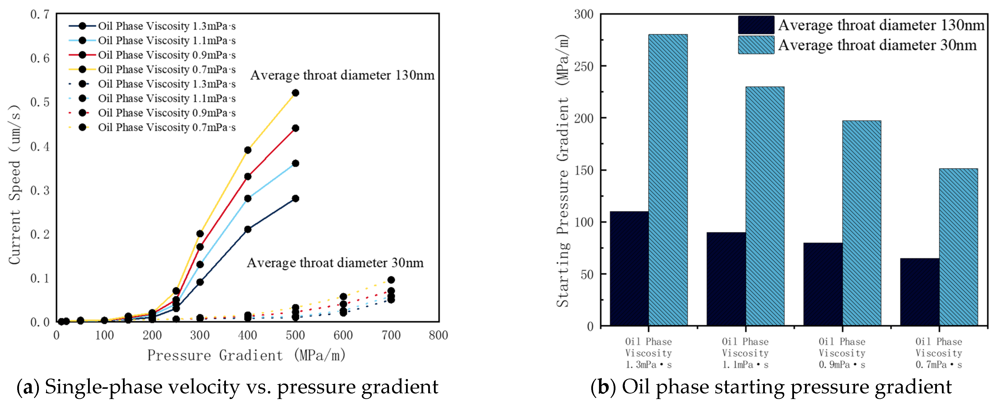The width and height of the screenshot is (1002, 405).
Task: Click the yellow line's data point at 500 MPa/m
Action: tap(295, 93)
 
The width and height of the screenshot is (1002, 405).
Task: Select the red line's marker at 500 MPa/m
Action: tap(295, 128)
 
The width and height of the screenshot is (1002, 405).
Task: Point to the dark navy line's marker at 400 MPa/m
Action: tap(247, 229)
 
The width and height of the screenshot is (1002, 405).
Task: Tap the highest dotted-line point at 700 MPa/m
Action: tap(391, 280)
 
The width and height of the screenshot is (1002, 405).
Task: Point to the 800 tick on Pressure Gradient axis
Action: tap(438, 335)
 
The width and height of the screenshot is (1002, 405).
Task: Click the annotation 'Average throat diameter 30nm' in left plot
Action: tap(335, 263)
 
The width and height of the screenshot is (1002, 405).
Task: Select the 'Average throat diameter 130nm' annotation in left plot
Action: tap(342, 75)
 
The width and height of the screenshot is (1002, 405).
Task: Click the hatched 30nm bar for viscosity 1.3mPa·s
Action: tap(668, 180)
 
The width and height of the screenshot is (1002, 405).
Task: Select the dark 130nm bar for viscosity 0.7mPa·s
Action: tap(919, 292)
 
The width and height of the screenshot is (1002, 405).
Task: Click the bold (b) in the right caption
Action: tap(602, 387)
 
